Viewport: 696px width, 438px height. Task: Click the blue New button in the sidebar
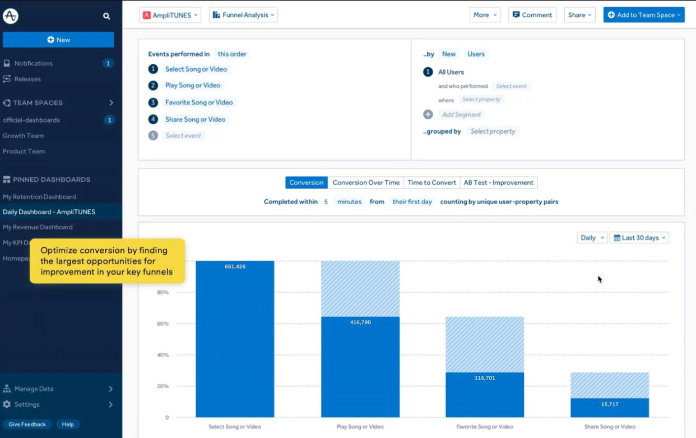[x=58, y=40]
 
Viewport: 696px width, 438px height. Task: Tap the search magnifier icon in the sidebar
[x=106, y=16]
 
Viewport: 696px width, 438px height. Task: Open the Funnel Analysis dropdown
[x=243, y=15]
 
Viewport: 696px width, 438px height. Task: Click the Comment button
[x=532, y=15]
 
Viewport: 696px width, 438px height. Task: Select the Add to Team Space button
[x=644, y=15]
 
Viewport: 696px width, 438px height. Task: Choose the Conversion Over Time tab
[x=366, y=182]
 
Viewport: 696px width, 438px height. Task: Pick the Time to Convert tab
[x=431, y=182]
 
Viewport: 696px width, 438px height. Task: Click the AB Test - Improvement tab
[x=498, y=182]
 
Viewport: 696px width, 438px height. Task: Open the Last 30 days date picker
[x=639, y=238]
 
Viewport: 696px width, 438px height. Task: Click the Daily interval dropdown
[x=592, y=238]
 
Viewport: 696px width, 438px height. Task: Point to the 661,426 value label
[x=235, y=266]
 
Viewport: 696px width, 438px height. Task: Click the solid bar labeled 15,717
[x=610, y=408]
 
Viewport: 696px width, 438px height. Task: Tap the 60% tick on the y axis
[x=163, y=323]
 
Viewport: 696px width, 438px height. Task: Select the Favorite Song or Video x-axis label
[x=485, y=426]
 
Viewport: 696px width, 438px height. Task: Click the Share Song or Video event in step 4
[x=195, y=119]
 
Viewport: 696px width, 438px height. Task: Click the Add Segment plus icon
[x=428, y=115]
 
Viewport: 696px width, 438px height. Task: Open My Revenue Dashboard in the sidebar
[x=38, y=227]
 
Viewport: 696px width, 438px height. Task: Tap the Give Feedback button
[x=27, y=424]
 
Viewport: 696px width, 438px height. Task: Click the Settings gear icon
[x=7, y=404]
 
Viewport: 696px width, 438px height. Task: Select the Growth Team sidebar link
[x=24, y=135]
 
